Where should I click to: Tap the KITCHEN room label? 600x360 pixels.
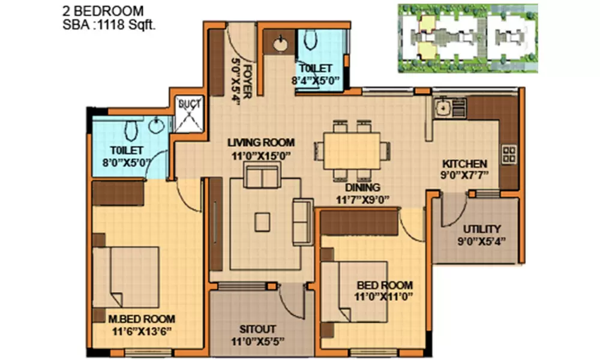[464, 164]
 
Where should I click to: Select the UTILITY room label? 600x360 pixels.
[481, 229]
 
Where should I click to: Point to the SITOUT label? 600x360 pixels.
[257, 329]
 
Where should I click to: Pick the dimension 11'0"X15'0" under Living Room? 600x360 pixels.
[261, 154]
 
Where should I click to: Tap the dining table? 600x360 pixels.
[351, 151]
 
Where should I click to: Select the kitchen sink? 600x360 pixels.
[443, 109]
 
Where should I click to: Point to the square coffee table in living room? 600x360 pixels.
[262, 222]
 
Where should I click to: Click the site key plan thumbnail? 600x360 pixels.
[467, 38]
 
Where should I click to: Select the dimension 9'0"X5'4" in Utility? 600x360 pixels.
[481, 241]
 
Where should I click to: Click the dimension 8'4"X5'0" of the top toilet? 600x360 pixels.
[316, 79]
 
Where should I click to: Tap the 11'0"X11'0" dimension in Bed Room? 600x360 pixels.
[385, 296]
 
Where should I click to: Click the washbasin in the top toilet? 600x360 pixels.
[280, 43]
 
